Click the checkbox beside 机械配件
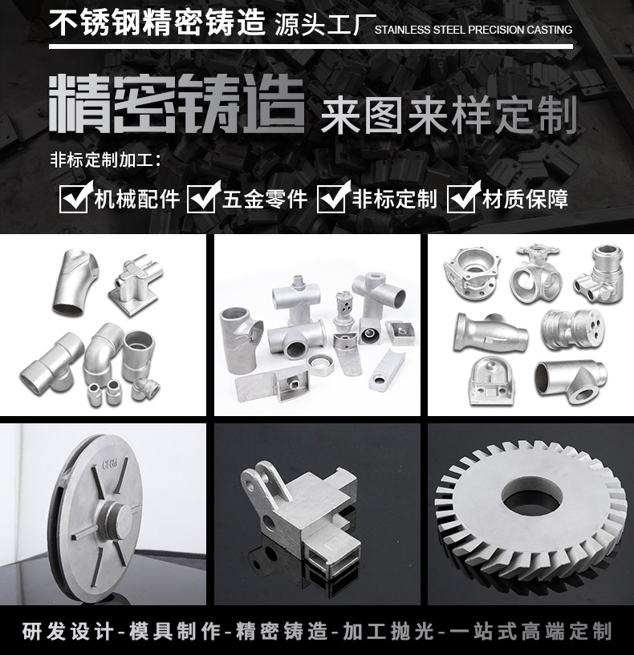pyautogui.click(x=74, y=198)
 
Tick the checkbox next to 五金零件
pyautogui.click(x=202, y=198)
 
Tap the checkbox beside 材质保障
pyautogui.click(x=461, y=198)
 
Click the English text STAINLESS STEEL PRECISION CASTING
pyautogui.click(x=473, y=30)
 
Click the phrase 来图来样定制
pyautogui.click(x=449, y=115)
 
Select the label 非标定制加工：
pyautogui.click(x=106, y=160)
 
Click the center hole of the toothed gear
pyautogui.click(x=531, y=497)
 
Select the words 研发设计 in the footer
pyautogui.click(x=67, y=631)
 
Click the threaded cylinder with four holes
pyautogui.click(x=572, y=329)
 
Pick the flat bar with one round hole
pyautogui.click(x=387, y=370)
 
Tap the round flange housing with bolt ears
pyautogui.click(x=472, y=273)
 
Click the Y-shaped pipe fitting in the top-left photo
pyautogui.click(x=75, y=281)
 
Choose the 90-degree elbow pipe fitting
pyautogui.click(x=101, y=351)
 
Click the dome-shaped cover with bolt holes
pyautogui.click(x=490, y=381)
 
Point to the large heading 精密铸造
pyautogui.click(x=177, y=104)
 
